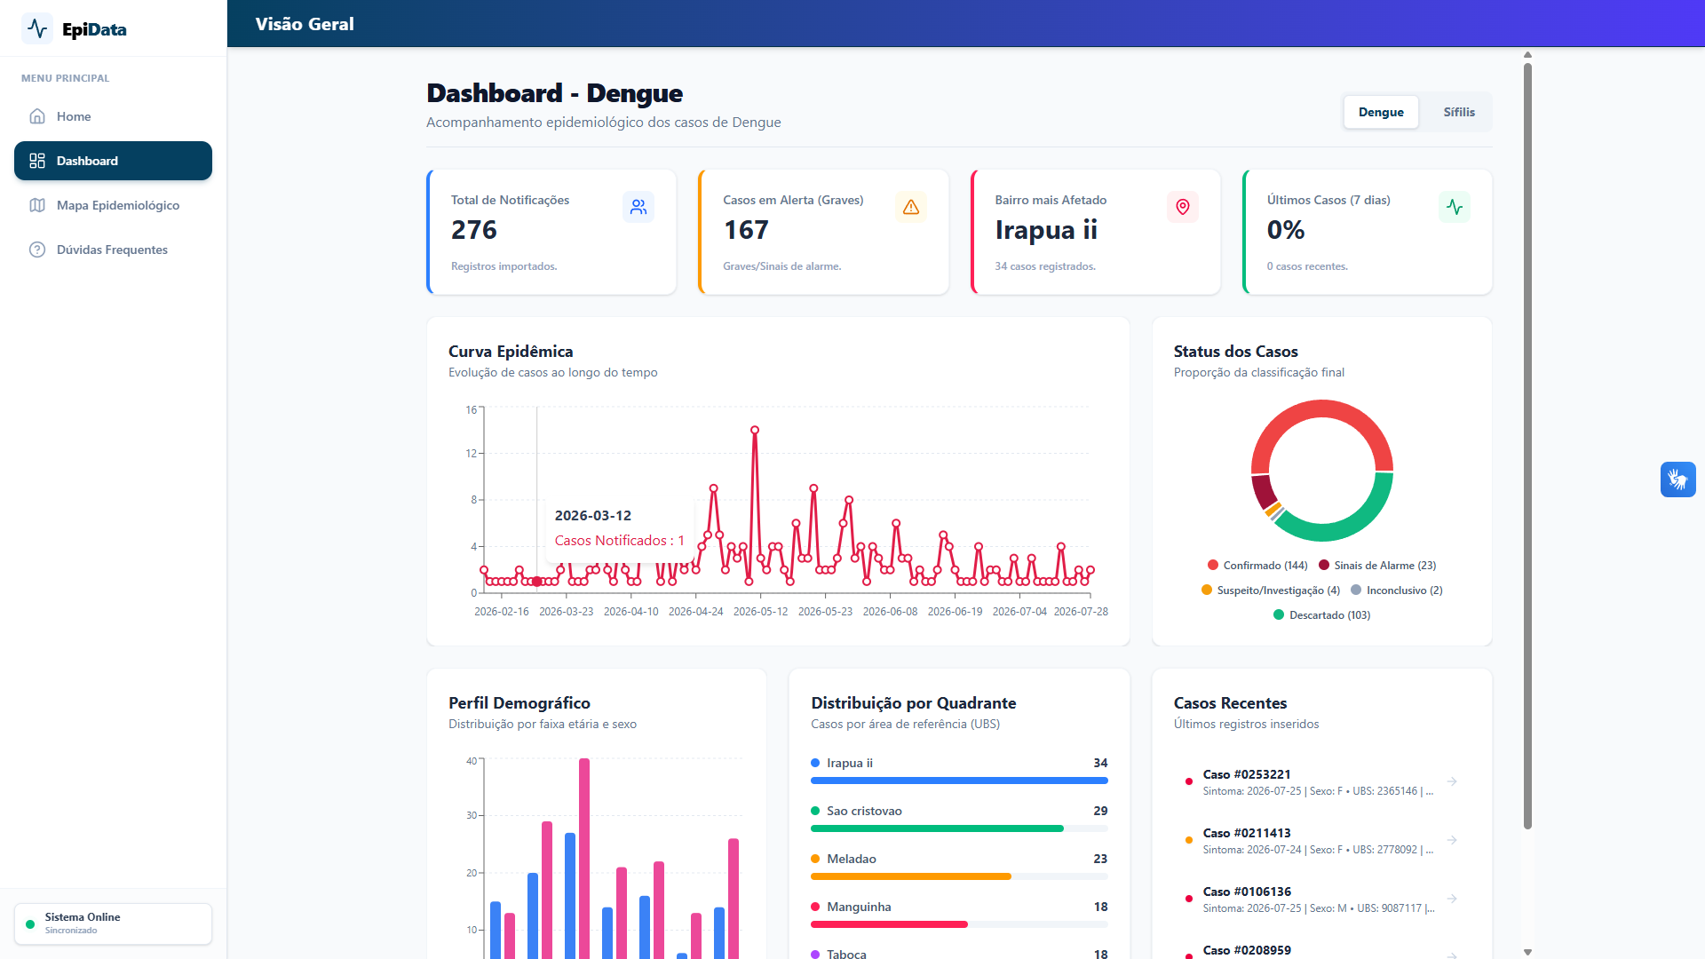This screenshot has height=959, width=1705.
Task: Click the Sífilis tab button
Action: [x=1459, y=112]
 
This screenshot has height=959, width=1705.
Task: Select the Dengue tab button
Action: [x=1381, y=112]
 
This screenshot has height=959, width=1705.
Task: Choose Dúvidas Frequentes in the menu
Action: [x=113, y=250]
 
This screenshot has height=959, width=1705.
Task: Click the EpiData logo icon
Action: [x=37, y=29]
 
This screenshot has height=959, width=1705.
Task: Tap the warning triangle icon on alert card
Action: [x=911, y=207]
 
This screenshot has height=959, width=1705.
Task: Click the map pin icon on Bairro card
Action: [x=1183, y=207]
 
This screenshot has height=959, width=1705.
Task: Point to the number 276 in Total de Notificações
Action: [x=474, y=230]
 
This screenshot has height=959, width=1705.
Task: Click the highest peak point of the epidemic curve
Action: [x=755, y=430]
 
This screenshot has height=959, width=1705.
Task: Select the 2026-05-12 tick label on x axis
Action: [x=760, y=612]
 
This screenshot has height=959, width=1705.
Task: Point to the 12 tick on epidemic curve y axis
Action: [x=471, y=454]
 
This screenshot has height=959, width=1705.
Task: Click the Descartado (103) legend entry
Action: [x=1321, y=615]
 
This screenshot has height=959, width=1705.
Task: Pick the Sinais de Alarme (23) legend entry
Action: [x=1377, y=566]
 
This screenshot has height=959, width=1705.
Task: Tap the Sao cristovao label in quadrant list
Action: [x=864, y=811]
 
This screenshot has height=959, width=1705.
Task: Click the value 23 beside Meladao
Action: [x=1100, y=859]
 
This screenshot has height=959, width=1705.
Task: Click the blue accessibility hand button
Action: [x=1678, y=479]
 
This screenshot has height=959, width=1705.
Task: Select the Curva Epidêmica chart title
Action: [x=511, y=352]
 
